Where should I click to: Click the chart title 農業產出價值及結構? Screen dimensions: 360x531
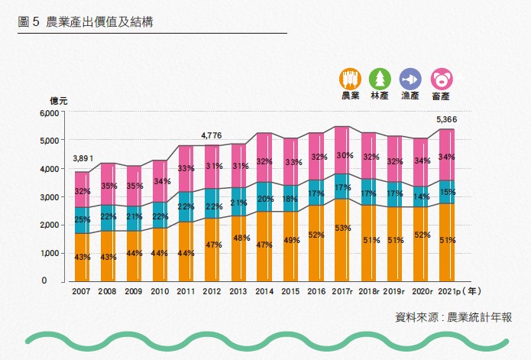coord(99,22)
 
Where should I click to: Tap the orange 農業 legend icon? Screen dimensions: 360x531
coord(350,79)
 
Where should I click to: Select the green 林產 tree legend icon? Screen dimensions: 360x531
coord(380,79)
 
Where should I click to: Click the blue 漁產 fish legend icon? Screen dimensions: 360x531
coord(410,79)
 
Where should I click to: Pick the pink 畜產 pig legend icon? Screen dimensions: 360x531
coord(442,79)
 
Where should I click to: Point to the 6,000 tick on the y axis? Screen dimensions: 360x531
coord(49,113)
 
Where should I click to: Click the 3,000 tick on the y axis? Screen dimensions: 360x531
coord(49,197)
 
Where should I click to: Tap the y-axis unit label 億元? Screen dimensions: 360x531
coord(59,100)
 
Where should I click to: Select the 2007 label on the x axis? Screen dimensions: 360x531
coord(82,291)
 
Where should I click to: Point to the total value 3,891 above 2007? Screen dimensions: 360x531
coord(83,159)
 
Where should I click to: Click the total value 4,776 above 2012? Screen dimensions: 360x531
coord(212,135)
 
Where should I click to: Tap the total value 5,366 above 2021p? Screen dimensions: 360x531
coord(446,119)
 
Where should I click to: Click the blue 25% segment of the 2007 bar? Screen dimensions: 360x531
coord(82,220)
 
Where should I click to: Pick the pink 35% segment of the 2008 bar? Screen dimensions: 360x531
coord(108,184)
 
